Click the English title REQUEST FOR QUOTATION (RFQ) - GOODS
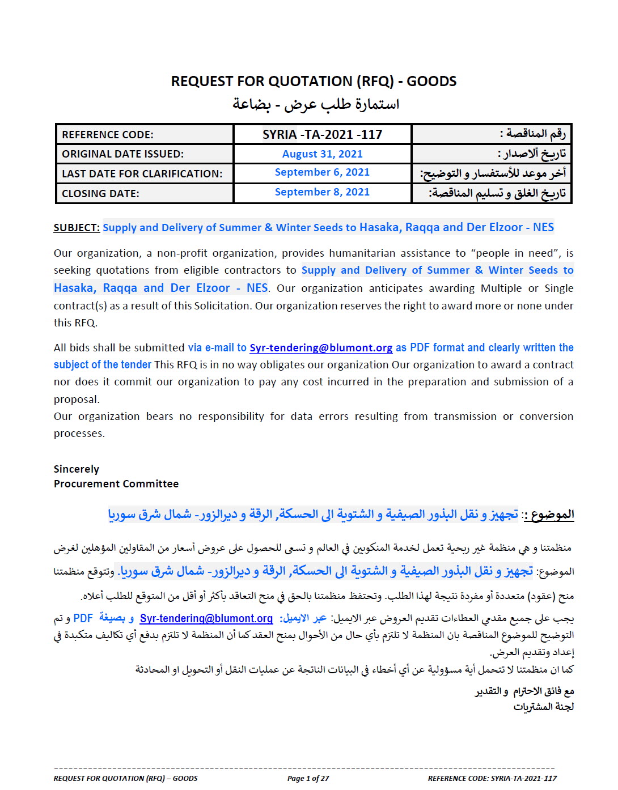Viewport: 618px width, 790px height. coord(314,82)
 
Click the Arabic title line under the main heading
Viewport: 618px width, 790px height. coord(316,104)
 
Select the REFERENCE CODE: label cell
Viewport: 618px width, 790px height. coord(108,135)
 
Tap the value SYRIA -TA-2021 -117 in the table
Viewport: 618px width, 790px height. coord(322,135)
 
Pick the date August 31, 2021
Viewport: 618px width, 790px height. coord(322,154)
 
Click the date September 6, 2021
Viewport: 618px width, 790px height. coord(322,172)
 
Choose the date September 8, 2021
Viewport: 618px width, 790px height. coord(322,192)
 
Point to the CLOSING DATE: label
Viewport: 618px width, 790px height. coord(100,194)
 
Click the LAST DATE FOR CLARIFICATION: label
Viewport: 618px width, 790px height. coord(142,174)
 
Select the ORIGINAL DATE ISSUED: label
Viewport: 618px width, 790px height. coord(122,154)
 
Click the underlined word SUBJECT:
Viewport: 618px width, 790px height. coord(77,228)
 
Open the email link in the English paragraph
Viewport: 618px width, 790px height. coord(321,348)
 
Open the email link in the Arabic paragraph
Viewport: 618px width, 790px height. coord(206,619)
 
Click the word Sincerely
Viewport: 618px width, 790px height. coord(77,469)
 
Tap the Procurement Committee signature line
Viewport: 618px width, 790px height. coord(116,484)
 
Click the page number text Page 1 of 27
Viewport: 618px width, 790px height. coord(308,779)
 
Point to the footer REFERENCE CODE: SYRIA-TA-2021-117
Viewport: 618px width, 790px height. coord(492,779)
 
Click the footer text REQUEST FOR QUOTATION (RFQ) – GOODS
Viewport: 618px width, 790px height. coord(125,779)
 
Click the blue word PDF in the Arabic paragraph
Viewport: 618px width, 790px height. coord(83,619)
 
